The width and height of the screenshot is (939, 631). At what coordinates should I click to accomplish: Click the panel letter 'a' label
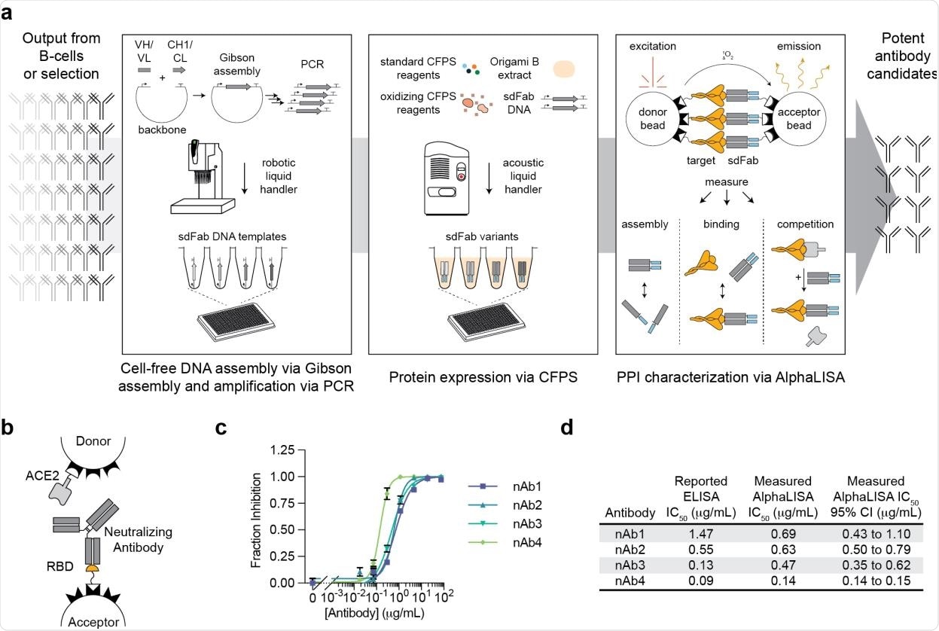pyautogui.click(x=10, y=16)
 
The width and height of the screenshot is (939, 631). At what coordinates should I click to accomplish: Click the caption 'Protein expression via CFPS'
pyautogui.click(x=483, y=377)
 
